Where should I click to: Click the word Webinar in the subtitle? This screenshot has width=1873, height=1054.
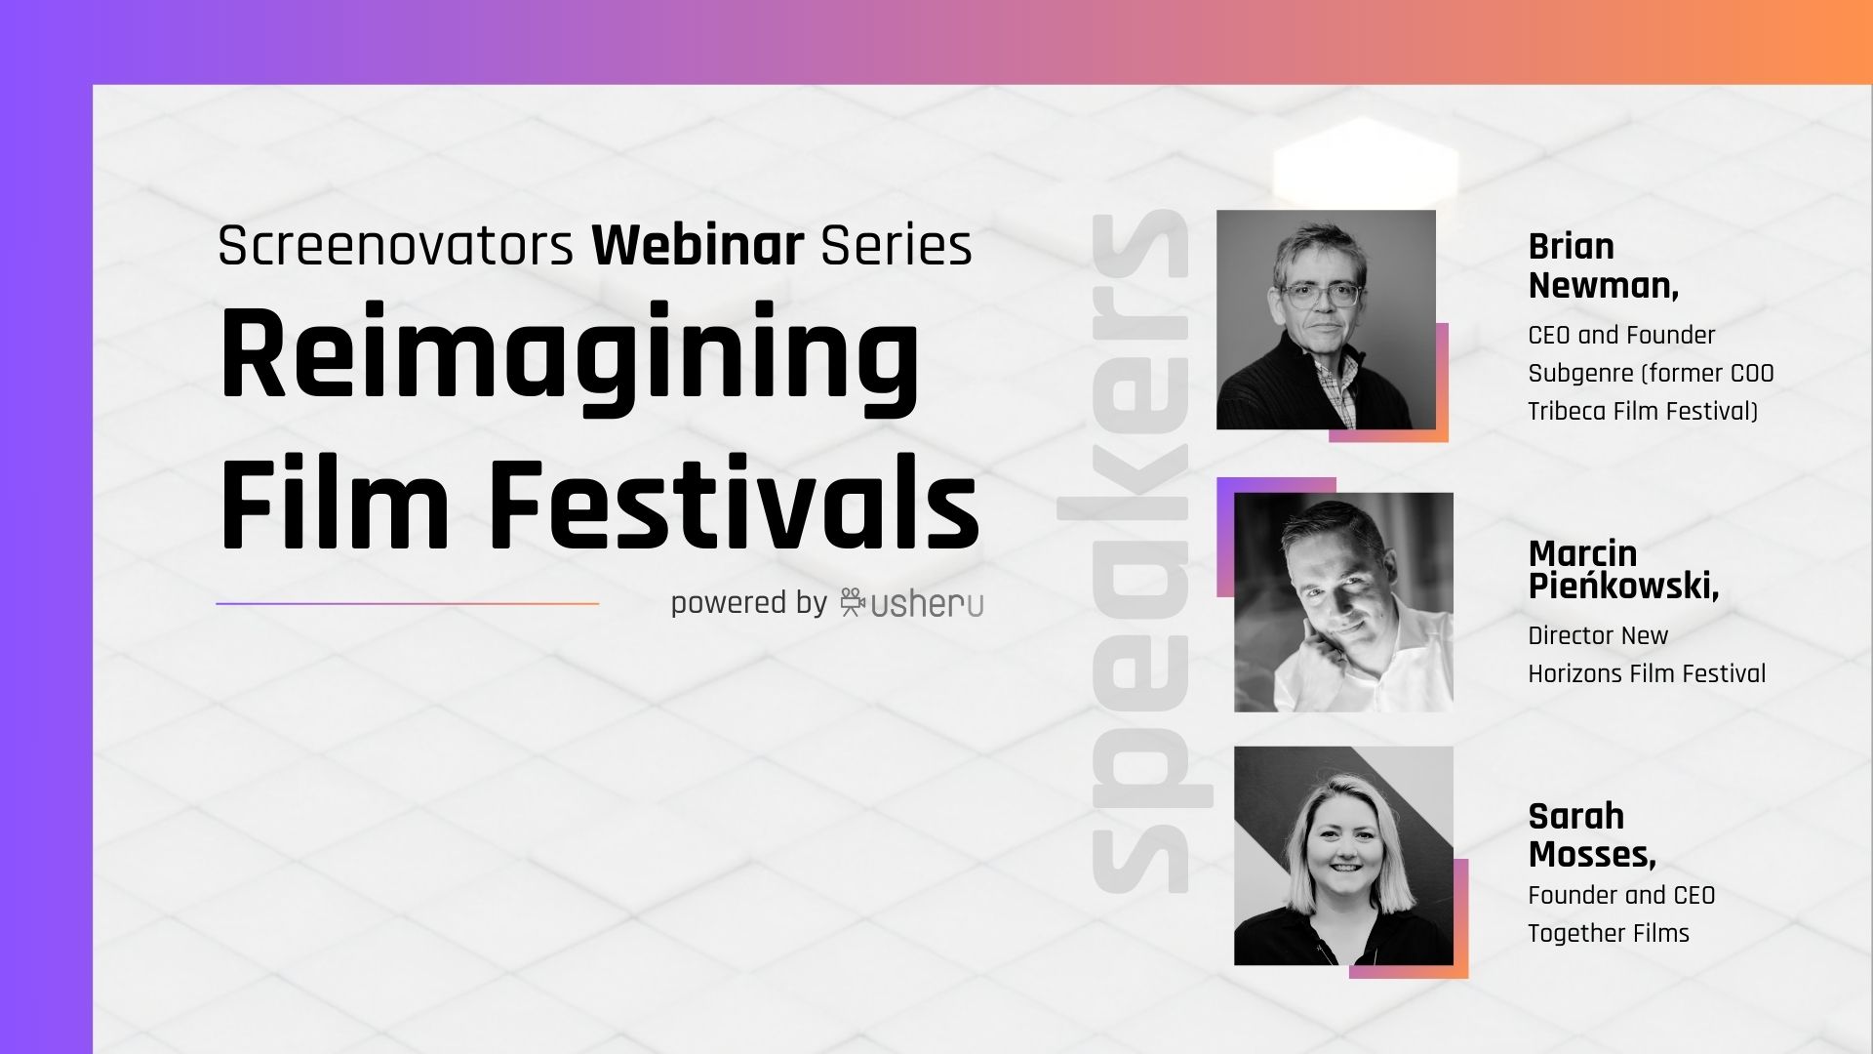tap(698, 245)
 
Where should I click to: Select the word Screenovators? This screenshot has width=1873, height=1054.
tap(395, 245)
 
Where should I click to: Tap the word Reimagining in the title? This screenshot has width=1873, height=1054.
tap(571, 359)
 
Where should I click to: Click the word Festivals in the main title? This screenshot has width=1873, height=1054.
tap(734, 502)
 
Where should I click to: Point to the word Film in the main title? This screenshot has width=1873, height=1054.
tap(335, 502)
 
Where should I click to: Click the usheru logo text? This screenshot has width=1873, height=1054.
tap(927, 604)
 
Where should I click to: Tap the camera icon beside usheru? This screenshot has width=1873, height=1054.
tap(853, 602)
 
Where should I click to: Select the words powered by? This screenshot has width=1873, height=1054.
tap(748, 603)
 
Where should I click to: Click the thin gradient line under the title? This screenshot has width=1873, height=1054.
tap(408, 603)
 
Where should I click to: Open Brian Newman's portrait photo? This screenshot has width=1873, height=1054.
tap(1326, 319)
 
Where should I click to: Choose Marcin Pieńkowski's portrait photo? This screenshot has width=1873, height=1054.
tap(1343, 601)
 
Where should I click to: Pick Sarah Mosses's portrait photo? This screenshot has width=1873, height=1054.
tap(1343, 856)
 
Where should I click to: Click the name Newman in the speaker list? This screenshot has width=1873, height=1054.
tap(1604, 286)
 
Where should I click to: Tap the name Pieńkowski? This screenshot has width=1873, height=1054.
tap(1623, 586)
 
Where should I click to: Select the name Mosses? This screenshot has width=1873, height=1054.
tap(1592, 855)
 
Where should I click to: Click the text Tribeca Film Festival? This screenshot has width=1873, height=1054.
tap(1643, 411)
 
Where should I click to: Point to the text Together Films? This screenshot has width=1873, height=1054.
tap(1609, 933)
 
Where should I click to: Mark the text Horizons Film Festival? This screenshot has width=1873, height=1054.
tap(1647, 673)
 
